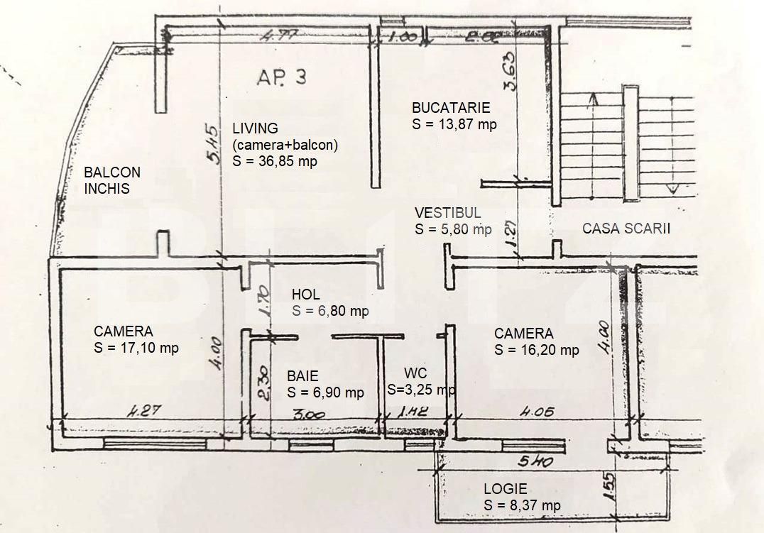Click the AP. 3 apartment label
[x=282, y=77]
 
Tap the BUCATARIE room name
[x=451, y=109]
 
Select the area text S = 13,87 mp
[x=454, y=123]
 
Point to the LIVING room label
[x=255, y=128]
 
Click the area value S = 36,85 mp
[x=274, y=160]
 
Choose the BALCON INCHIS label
[x=111, y=180]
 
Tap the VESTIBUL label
[x=448, y=212]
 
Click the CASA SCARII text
[x=626, y=229]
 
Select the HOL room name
[x=306, y=295]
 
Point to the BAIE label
[x=302, y=376]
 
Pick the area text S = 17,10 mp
[x=136, y=348]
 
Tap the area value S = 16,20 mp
[x=536, y=349]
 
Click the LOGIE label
[x=505, y=489]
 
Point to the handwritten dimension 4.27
[x=143, y=411]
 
